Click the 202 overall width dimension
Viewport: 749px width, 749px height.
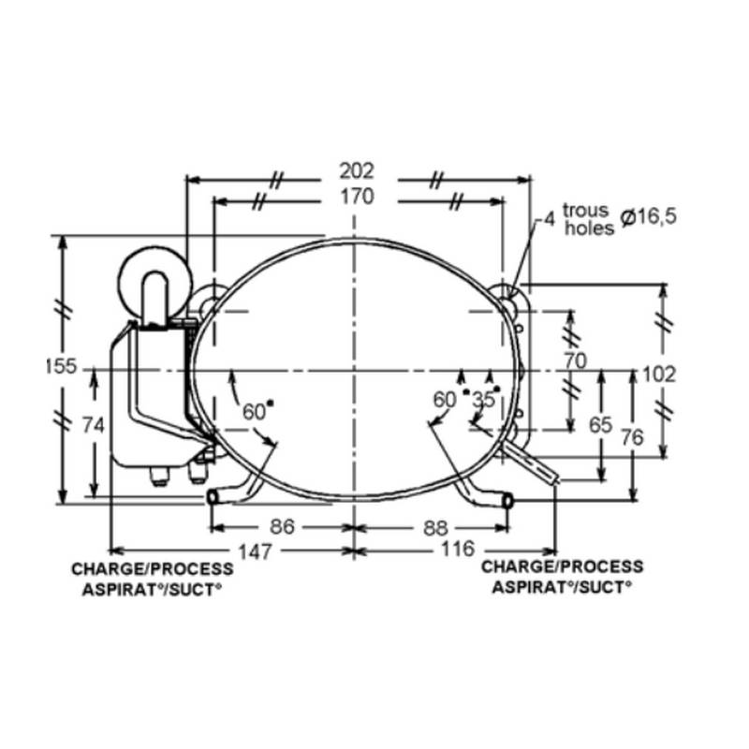pos(356,170)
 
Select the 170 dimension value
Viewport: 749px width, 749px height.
pos(356,197)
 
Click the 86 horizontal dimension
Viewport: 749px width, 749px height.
pos(282,527)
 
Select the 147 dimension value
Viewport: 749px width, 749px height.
pos(255,551)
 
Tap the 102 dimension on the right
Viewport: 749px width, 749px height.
pos(659,374)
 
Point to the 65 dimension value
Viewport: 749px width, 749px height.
pos(601,424)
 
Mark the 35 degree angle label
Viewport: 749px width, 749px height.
pos(483,400)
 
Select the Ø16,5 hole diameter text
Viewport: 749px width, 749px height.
pos(648,217)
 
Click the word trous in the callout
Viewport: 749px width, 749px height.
pos(585,211)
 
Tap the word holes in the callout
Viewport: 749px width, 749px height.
pos(589,228)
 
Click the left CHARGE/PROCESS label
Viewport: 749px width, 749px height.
pos(152,569)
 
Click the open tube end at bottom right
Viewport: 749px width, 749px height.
pos(509,502)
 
